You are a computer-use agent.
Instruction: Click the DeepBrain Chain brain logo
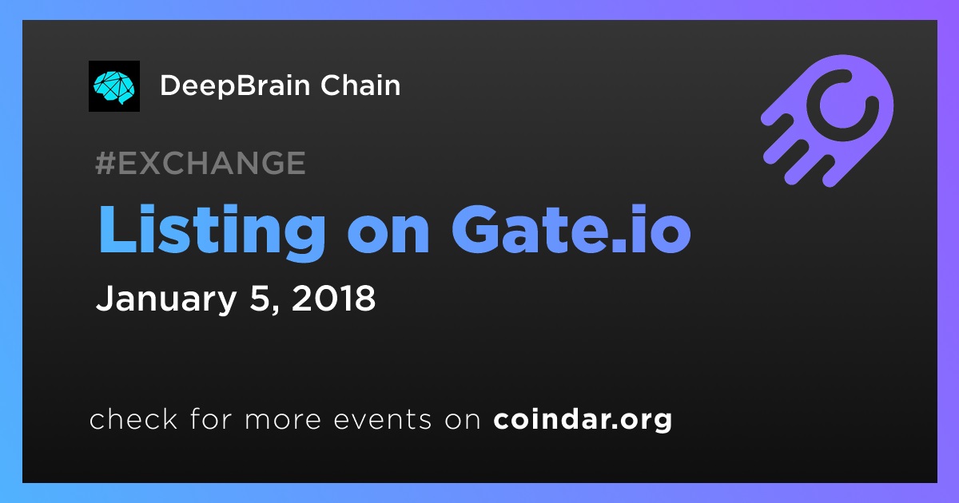[x=113, y=86]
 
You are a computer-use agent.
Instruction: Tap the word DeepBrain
[x=235, y=86]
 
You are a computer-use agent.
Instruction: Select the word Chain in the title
[x=360, y=85]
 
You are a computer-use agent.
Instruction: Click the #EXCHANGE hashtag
[x=201, y=163]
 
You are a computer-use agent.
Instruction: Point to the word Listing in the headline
[x=213, y=231]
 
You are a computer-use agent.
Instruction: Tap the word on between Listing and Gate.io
[x=388, y=236]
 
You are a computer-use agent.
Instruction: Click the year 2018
[x=333, y=298]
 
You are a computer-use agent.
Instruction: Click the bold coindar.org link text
[x=583, y=419]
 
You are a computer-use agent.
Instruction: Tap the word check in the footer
[x=133, y=418]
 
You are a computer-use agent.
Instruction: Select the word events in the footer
[x=382, y=420]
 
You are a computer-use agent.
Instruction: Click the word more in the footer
[x=283, y=420]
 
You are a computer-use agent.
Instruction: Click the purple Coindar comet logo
[x=827, y=121]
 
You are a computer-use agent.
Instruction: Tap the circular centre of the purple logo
[x=842, y=105]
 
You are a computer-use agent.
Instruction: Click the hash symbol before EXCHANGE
[x=105, y=163]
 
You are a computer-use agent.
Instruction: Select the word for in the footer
[x=211, y=418]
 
